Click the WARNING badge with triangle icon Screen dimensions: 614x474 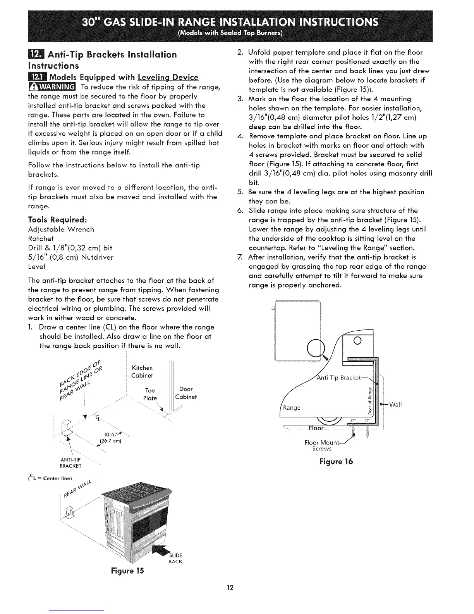53,86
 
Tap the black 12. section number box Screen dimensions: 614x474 34,54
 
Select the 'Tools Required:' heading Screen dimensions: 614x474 55,220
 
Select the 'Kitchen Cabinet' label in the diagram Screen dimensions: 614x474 142,371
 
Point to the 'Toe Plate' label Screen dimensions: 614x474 150,394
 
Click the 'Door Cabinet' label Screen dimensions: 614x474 186,393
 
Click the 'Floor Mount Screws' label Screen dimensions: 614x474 322,446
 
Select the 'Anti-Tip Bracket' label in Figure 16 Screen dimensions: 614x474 339,378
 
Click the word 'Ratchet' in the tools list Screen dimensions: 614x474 41,238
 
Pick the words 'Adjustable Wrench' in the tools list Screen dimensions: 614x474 61,229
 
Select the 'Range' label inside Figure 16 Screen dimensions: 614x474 292,407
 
